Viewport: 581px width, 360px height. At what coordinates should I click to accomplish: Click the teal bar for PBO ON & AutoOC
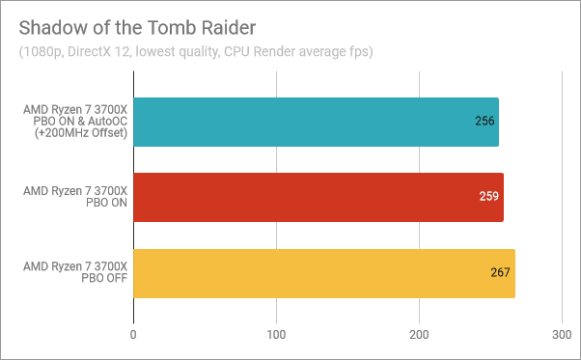[x=316, y=123]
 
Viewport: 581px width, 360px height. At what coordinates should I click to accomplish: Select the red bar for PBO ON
[x=318, y=198]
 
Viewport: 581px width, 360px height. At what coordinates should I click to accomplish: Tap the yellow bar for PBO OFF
[x=323, y=273]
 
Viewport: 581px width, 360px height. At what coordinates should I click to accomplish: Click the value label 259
[x=489, y=198]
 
